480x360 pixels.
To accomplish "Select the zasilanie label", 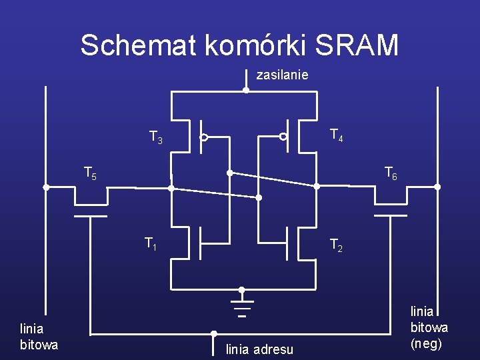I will click(282, 75).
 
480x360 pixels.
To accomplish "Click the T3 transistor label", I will click(155, 138).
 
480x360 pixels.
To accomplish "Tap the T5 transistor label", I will click(90, 173).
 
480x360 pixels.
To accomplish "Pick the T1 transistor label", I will click(151, 244).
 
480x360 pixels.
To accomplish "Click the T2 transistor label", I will click(337, 246).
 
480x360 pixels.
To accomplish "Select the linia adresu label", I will click(259, 349).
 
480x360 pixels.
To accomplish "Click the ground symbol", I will click(242, 309).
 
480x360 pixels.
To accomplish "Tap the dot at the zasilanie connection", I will click(245, 90).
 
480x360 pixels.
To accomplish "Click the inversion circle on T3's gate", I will click(205, 137).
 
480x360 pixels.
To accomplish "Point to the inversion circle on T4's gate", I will click(283, 137).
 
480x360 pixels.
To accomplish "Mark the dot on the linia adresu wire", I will click(214, 333).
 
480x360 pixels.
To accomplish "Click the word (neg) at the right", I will click(427, 344).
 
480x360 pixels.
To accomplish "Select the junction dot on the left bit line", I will click(46, 187).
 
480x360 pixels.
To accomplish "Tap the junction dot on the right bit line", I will click(437, 187).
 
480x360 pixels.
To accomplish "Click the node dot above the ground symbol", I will click(242, 290).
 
